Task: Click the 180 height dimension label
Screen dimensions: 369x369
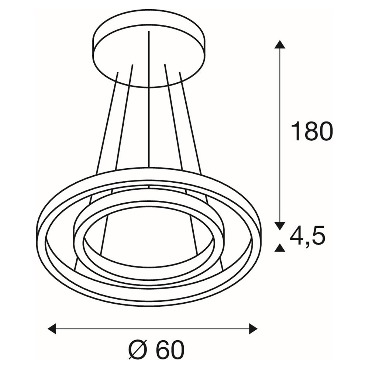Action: pos(312,131)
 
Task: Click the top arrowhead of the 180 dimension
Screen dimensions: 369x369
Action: pos(280,44)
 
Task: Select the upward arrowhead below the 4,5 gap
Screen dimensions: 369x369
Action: pos(280,248)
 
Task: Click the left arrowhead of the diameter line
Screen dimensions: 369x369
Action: pos(52,328)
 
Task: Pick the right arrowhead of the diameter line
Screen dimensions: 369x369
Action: pos(253,328)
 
